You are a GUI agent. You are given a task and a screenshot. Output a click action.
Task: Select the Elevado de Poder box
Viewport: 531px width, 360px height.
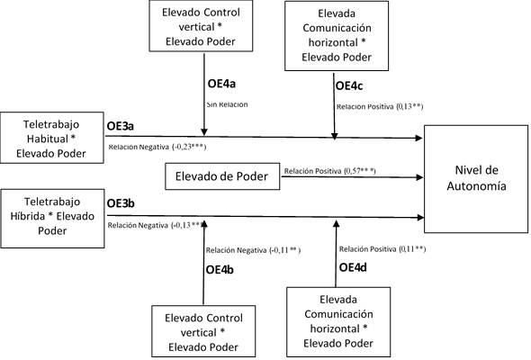[222, 177]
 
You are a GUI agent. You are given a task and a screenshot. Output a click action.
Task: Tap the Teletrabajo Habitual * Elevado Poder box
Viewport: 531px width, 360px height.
[51, 139]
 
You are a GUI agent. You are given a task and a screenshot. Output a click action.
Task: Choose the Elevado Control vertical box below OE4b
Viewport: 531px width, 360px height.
[202, 331]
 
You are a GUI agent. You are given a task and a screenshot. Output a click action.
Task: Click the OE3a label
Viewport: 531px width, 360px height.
[121, 126]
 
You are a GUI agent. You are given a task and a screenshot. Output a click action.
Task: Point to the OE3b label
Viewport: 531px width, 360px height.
[121, 203]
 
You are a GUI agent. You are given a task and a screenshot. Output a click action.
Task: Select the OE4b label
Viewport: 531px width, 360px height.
[222, 269]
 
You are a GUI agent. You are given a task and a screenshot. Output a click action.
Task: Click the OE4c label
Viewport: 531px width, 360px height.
[348, 85]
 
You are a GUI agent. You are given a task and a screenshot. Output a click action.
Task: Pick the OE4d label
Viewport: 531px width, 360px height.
[354, 267]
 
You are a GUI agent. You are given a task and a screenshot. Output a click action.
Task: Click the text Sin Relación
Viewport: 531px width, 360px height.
[225, 104]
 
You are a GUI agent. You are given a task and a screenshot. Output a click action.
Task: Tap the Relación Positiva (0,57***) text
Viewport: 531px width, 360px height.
[329, 170]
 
